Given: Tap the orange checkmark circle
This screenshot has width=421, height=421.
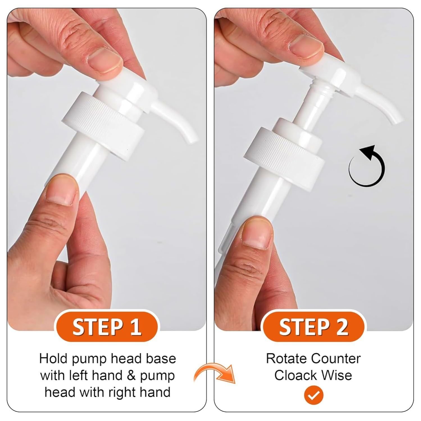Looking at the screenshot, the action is click(x=314, y=395).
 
